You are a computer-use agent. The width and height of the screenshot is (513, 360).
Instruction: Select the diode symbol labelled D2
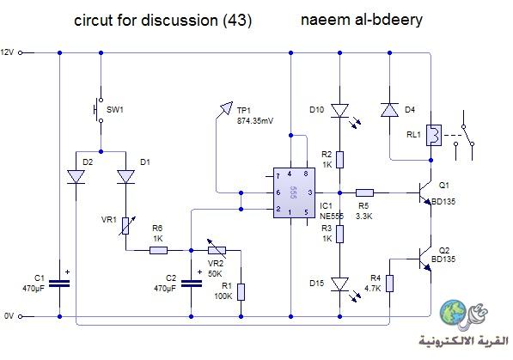[76, 177]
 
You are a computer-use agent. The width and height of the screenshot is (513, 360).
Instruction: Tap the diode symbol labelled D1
[125, 177]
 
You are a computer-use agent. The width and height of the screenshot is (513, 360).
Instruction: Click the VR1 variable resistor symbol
[125, 226]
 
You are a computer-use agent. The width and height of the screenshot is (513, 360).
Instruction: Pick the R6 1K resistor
[158, 250]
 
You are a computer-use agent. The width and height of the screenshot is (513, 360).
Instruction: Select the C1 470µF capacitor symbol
[59, 284]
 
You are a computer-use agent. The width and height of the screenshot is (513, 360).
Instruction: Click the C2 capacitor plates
[192, 284]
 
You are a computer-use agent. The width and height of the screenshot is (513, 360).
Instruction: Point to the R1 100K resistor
[241, 292]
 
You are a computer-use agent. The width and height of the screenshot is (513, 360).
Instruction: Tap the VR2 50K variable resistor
[217, 250]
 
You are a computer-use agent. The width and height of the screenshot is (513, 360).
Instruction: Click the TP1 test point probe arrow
[226, 108]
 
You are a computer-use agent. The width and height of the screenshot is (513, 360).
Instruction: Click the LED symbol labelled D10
[340, 111]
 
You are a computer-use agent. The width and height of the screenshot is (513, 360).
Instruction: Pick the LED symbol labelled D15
[340, 284]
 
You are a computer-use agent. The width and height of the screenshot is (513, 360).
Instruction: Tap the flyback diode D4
[389, 110]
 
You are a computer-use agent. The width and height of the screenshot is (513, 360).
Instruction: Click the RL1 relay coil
[434, 135]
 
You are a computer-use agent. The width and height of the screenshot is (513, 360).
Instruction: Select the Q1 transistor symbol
[424, 193]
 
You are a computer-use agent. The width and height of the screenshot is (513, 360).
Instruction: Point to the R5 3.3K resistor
[364, 192]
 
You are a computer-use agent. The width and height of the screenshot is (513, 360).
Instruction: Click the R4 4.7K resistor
[389, 284]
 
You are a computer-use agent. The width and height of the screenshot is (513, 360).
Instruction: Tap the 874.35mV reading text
[255, 121]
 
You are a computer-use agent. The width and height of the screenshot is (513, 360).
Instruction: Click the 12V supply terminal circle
[20, 52]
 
